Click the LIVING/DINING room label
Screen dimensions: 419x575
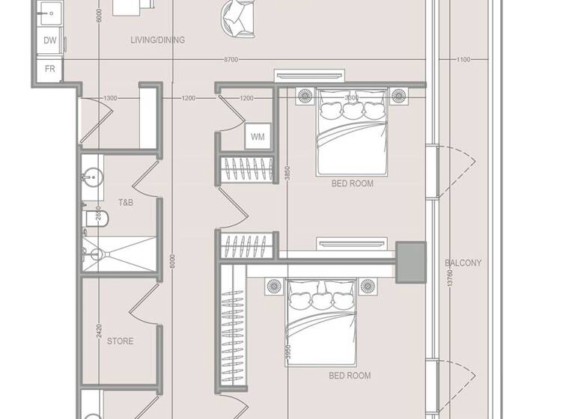(157, 40)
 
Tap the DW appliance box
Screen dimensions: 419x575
(50, 40)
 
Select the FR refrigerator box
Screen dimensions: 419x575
(50, 68)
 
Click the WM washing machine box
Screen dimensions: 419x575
(258, 137)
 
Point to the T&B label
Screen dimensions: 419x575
(126, 203)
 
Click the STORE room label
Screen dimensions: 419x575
(121, 341)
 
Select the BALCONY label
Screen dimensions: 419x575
(463, 263)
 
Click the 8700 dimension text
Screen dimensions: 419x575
(231, 59)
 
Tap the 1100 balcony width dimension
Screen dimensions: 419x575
(463, 59)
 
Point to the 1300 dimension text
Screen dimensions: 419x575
(110, 98)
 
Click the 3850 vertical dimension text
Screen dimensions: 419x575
(287, 171)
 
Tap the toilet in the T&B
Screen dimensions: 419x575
(98, 218)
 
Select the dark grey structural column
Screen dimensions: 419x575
(410, 262)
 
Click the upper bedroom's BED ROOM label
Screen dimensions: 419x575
(353, 183)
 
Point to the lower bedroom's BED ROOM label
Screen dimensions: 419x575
(350, 376)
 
